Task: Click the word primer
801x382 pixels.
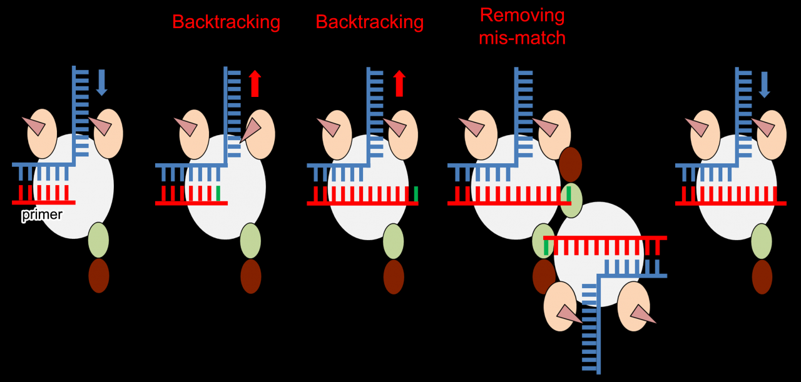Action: click(x=42, y=215)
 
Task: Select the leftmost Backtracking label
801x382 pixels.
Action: click(x=226, y=22)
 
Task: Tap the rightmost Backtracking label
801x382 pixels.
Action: click(x=369, y=22)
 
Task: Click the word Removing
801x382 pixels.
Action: click(x=522, y=16)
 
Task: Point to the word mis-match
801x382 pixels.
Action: click(x=522, y=38)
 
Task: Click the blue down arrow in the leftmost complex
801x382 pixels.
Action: click(x=102, y=83)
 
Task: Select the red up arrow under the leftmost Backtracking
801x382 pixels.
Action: click(x=255, y=84)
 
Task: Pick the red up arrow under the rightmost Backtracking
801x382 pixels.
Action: click(x=399, y=84)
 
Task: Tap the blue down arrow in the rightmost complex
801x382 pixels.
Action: click(x=764, y=84)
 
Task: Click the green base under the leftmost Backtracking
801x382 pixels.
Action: click(x=218, y=193)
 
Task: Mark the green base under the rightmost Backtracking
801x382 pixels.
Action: click(x=416, y=194)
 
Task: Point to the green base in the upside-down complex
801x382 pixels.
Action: click(x=546, y=248)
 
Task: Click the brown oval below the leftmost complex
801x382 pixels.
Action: click(x=99, y=276)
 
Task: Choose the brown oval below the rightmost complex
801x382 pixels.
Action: click(x=762, y=277)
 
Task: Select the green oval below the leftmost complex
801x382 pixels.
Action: click(x=98, y=240)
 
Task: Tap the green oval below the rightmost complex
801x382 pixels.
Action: click(x=762, y=241)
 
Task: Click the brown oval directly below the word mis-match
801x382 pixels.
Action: click(x=570, y=164)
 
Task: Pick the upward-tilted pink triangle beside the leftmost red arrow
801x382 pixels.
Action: click(x=252, y=129)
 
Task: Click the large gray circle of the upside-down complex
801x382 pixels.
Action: click(x=598, y=254)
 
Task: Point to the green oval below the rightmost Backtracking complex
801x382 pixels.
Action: click(x=394, y=241)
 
